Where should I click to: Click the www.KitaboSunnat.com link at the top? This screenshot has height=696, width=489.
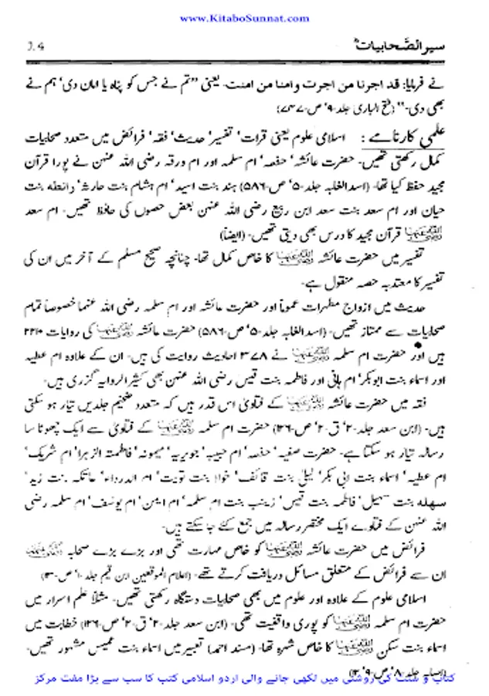pyautogui.click(x=244, y=16)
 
